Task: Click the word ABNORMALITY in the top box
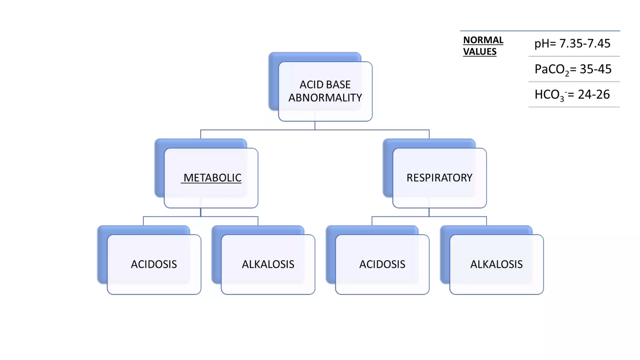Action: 325,98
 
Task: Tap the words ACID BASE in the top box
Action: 325,85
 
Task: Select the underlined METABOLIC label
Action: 212,178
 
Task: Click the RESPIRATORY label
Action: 439,178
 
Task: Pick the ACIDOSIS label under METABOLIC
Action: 154,264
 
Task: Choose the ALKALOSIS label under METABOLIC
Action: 268,264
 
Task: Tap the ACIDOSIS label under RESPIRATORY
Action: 382,264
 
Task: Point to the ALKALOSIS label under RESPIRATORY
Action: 496,264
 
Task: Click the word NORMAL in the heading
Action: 483,40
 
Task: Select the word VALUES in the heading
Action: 480,52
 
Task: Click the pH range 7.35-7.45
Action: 584,43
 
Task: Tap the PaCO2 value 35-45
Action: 595,69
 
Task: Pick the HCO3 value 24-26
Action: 593,94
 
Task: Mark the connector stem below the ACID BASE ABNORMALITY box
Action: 315,126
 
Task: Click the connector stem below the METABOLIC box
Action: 201,212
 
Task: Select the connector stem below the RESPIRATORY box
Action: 429,212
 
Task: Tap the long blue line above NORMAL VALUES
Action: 540,31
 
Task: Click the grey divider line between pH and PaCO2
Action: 574,56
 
